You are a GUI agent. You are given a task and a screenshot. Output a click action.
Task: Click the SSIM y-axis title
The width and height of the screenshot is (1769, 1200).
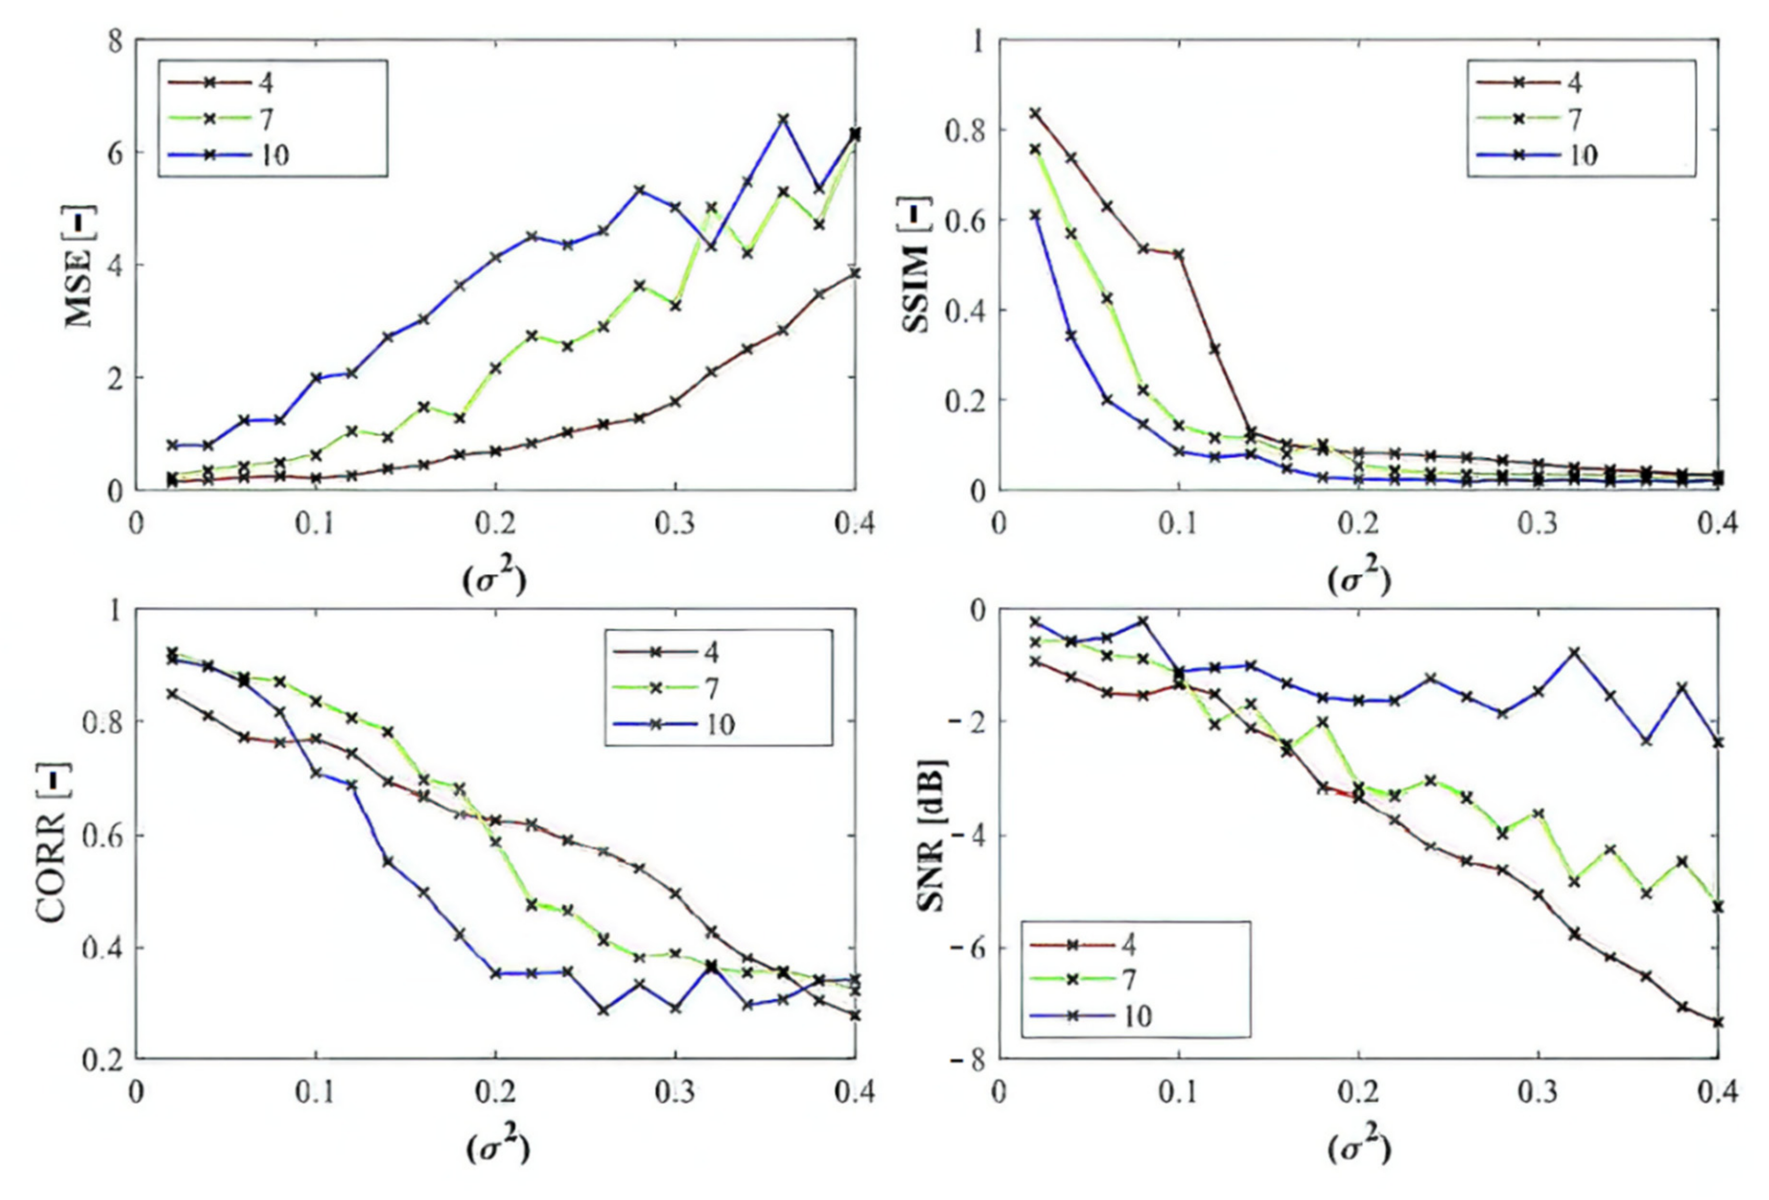[919, 265]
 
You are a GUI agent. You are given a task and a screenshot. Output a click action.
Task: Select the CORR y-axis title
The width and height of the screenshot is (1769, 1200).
[55, 834]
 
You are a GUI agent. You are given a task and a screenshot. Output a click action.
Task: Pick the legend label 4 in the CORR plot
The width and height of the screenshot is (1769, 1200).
[711, 653]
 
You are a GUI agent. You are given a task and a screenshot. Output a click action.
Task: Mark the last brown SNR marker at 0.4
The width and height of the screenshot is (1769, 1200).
[1718, 1022]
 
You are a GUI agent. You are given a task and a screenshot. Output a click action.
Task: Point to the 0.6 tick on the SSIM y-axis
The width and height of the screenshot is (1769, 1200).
[964, 220]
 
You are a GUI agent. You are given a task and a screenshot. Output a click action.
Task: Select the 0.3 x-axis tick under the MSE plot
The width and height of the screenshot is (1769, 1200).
[674, 524]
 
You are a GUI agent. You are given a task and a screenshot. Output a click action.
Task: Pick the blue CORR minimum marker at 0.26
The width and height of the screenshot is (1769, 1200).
[603, 1010]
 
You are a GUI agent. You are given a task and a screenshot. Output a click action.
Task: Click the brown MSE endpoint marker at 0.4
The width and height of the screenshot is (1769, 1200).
[855, 273]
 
